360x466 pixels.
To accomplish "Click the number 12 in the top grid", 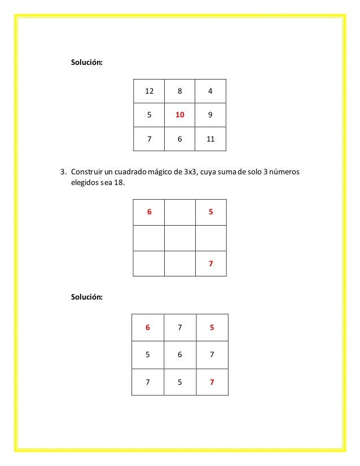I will [149, 91].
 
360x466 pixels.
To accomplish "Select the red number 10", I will [179, 115].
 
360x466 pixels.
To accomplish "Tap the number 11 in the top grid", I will [210, 139].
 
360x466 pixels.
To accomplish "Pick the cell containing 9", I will [210, 115].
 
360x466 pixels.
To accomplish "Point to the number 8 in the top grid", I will [179, 91].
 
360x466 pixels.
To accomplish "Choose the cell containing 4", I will [210, 91].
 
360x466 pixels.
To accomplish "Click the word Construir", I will [87, 172].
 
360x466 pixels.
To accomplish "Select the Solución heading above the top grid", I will [86, 62].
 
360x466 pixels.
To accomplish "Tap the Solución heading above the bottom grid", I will [86, 296].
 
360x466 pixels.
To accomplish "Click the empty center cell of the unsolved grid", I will [179, 238].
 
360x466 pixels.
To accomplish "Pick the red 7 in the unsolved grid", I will [210, 263].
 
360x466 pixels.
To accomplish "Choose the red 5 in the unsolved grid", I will [210, 213].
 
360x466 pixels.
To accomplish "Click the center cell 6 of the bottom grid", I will [179, 355].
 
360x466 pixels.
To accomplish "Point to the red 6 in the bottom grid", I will [148, 328].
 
